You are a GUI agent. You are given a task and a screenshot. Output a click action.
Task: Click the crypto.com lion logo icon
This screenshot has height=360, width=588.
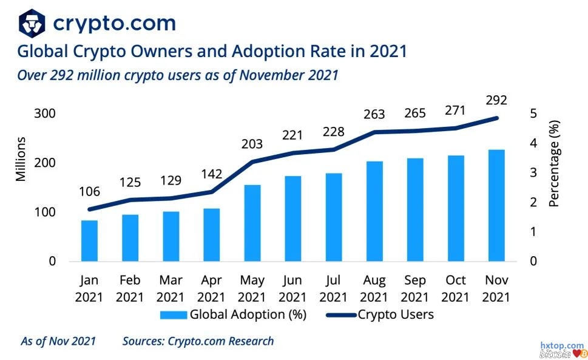pyautogui.click(x=32, y=24)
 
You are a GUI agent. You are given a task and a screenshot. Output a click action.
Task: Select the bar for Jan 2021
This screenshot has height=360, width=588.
pyautogui.click(x=90, y=240)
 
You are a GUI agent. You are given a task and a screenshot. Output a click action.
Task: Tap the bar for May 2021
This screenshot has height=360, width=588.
pyautogui.click(x=252, y=223)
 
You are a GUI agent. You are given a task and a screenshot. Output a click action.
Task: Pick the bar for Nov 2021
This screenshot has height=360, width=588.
pyautogui.click(x=496, y=205)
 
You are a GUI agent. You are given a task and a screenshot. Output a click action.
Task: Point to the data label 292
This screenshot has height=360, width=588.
pyautogui.click(x=496, y=101)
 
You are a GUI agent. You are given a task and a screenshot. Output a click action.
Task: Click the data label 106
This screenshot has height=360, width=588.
pyautogui.click(x=90, y=192)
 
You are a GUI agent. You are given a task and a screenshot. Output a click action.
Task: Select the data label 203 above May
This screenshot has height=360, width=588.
pyautogui.click(x=252, y=144)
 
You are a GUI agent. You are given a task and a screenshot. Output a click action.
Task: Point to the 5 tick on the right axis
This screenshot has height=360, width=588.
pyautogui.click(x=533, y=114)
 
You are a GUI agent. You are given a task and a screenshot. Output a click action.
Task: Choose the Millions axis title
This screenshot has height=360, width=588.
pyautogui.click(x=21, y=160)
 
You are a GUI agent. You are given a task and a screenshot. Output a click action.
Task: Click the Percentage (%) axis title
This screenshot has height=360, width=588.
pyautogui.click(x=554, y=164)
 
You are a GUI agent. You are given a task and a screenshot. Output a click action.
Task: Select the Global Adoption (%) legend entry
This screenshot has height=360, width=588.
pyautogui.click(x=234, y=314)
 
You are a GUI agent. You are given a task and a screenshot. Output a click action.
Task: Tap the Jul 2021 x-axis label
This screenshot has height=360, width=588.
pyautogui.click(x=333, y=288)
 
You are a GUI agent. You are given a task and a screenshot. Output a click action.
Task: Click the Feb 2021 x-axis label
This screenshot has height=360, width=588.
pyautogui.click(x=130, y=288)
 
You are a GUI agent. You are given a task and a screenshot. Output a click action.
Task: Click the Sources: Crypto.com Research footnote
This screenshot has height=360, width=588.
pyautogui.click(x=198, y=341)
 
